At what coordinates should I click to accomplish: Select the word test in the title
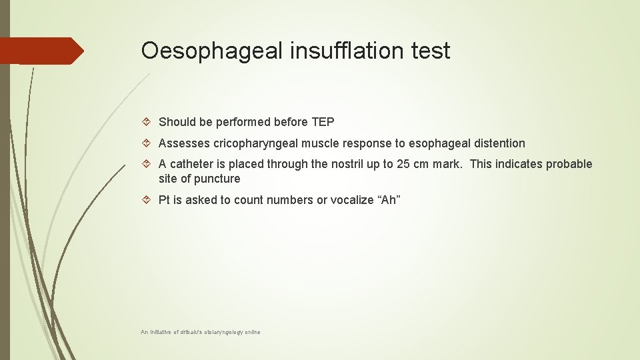tap(430, 51)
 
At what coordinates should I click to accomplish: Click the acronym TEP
tap(323, 122)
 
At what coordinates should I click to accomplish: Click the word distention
tap(501, 143)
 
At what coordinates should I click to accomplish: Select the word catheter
tap(191, 165)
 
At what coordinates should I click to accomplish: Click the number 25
tap(403, 165)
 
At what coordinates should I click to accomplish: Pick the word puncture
tap(217, 179)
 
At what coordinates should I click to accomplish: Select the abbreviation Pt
tap(165, 200)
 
